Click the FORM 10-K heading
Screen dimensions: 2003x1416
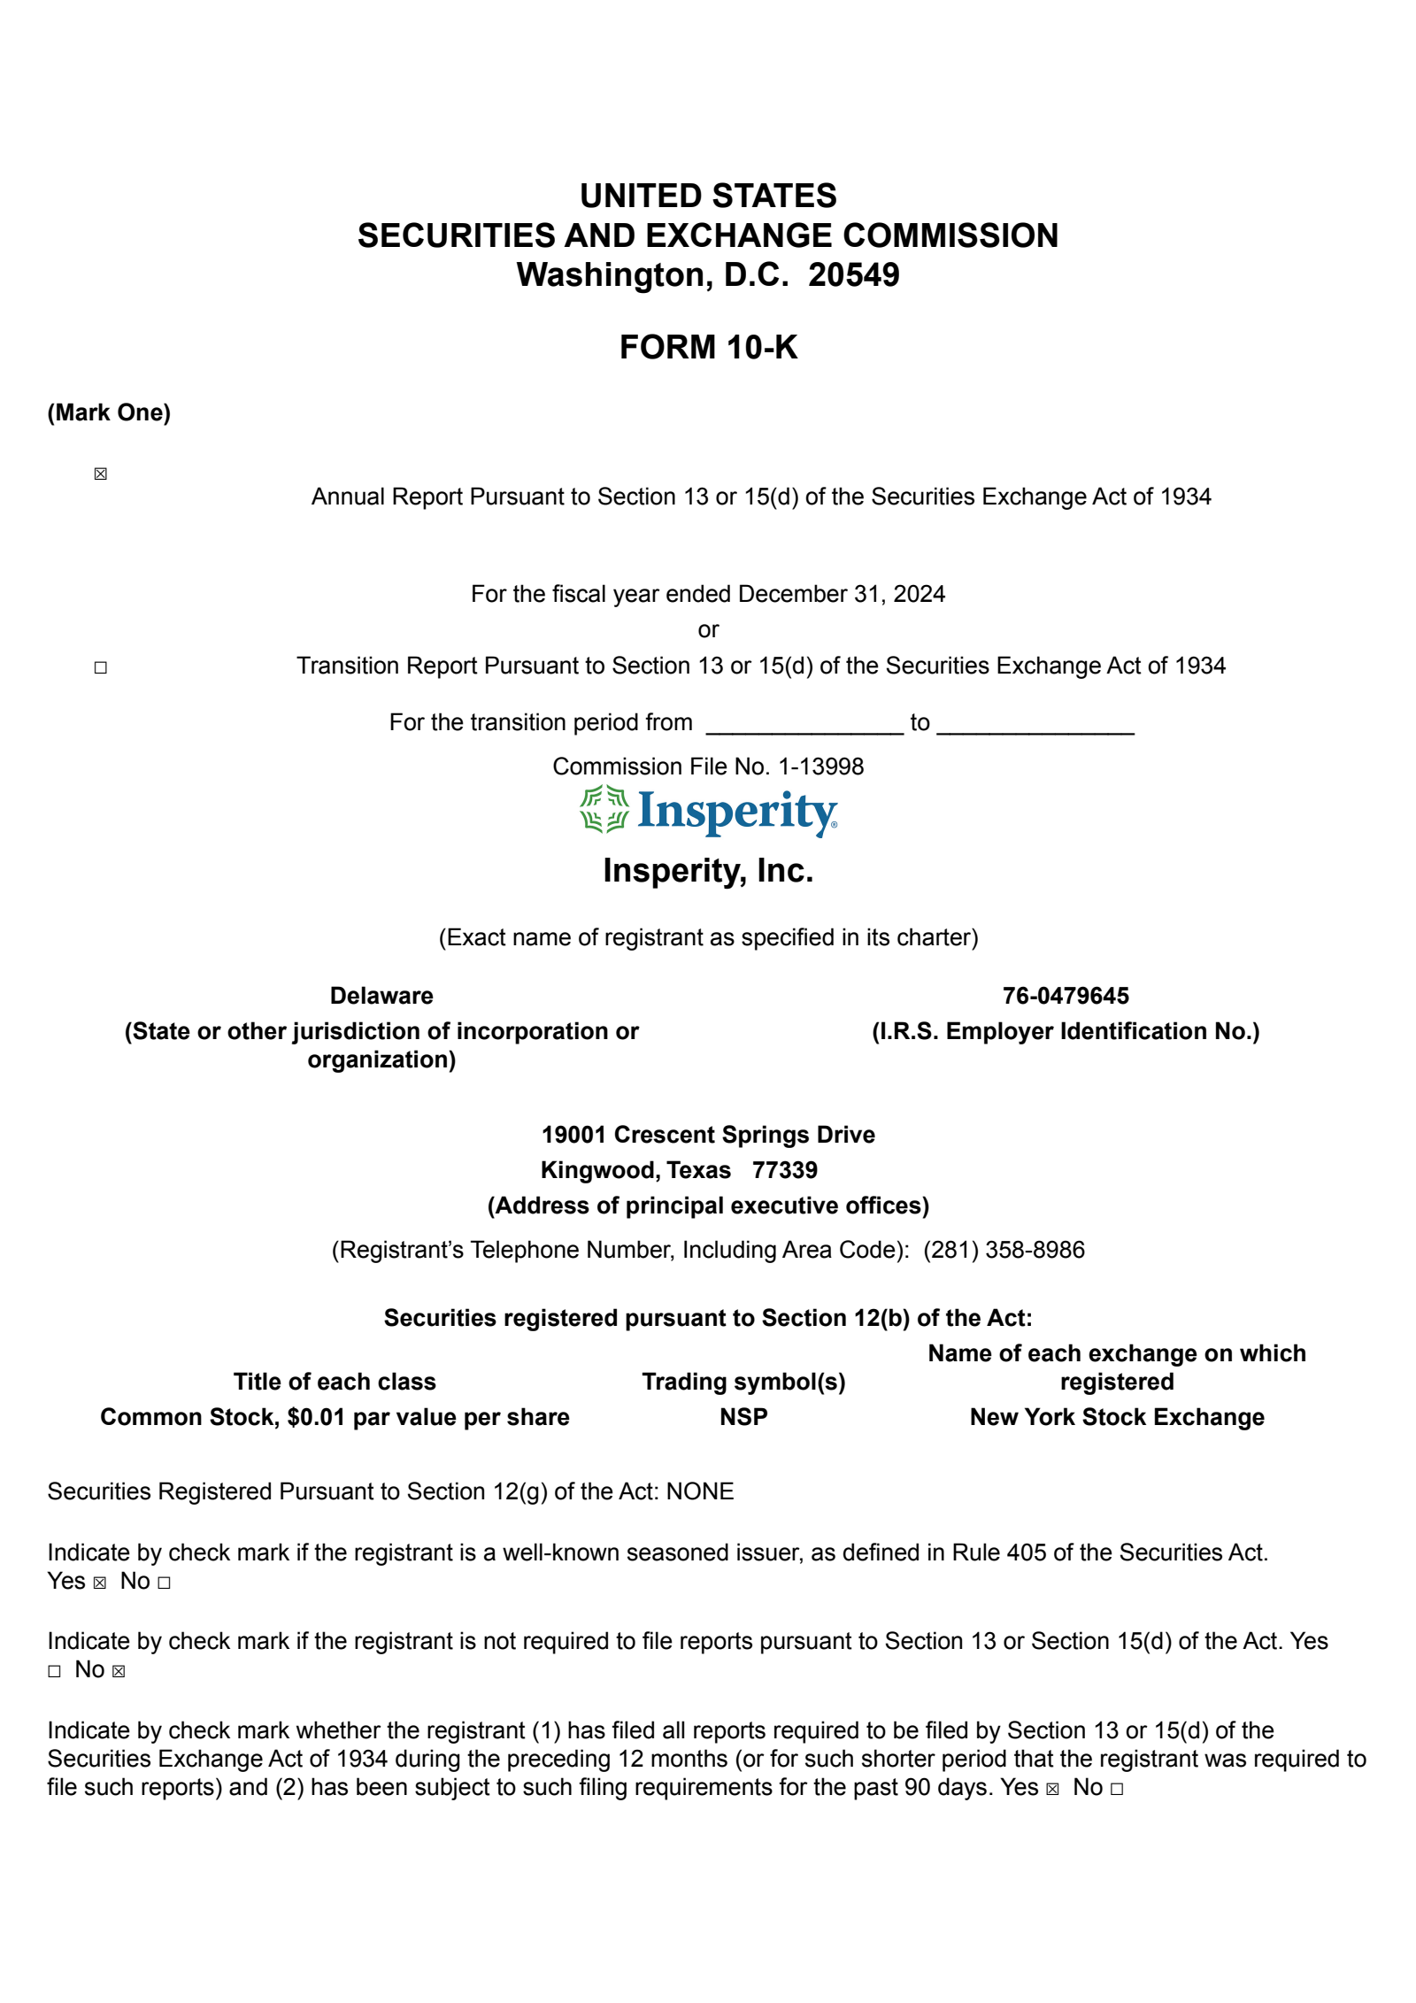pos(708,347)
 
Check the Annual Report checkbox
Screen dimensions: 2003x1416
pos(101,474)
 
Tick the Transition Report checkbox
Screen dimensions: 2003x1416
pos(101,667)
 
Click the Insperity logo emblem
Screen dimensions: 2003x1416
pos(604,810)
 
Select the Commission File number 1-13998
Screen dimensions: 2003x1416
pos(820,767)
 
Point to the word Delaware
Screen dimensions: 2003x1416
pos(381,996)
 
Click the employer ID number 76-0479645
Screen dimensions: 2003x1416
pos(1066,996)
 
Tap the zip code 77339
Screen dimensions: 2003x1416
pos(784,1170)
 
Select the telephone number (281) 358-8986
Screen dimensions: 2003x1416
pos(1004,1250)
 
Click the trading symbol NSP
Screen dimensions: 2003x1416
pos(743,1417)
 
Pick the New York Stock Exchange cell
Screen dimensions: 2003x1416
pos(1117,1417)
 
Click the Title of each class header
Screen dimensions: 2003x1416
pos(335,1382)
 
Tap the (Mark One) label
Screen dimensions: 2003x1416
pos(109,412)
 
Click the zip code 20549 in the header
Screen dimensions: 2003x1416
pos(853,275)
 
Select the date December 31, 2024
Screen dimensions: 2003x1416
pos(841,594)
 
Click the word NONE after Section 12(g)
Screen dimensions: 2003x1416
pos(700,1491)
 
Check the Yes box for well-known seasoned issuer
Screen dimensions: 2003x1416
pos(100,1583)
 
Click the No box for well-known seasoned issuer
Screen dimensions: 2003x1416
pos(164,1583)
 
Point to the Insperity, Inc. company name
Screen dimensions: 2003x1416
pos(708,871)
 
